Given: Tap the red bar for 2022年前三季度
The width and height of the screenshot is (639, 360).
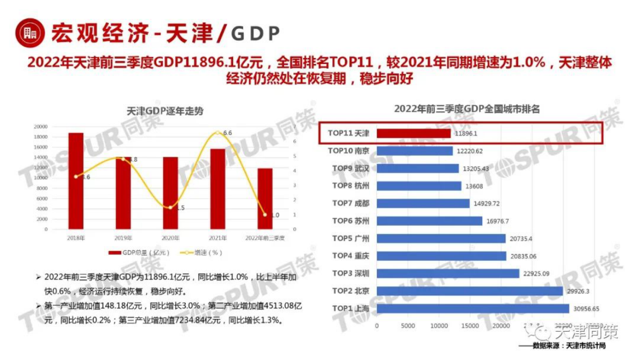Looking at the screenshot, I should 265,198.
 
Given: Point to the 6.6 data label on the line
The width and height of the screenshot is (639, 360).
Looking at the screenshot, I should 227,133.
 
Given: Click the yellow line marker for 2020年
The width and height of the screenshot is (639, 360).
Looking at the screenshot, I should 170,207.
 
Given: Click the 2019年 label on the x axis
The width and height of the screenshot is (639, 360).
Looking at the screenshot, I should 123,237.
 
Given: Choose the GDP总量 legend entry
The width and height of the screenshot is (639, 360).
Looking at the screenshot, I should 139,253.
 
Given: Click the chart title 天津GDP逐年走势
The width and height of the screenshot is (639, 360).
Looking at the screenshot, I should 164,111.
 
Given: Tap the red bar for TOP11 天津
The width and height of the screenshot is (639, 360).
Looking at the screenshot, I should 413,133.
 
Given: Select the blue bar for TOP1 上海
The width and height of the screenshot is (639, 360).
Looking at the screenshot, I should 473,308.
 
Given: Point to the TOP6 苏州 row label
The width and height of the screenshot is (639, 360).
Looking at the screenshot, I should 351,221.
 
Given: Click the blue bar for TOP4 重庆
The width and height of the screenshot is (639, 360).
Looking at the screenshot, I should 441,256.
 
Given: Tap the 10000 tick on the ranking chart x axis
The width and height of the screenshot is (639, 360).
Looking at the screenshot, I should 439,326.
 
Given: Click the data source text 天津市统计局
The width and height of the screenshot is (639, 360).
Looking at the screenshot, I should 585,345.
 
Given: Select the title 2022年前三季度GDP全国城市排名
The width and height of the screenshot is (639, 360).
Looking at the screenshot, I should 467,109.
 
